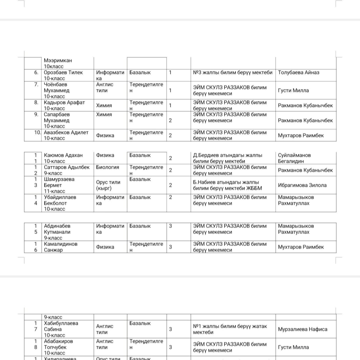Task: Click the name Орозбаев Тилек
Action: tap(63, 73)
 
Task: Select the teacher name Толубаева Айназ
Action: tap(298, 73)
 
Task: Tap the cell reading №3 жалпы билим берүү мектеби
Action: tap(233, 73)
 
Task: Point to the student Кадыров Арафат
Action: tap(64, 103)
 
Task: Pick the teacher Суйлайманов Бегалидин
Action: tap(294, 158)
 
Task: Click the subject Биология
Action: tap(108, 167)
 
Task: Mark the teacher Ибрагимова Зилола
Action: tap(302, 185)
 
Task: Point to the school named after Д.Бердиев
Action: tap(227, 158)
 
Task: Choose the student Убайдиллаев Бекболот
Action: tap(60, 200)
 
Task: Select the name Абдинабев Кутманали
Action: tap(57, 229)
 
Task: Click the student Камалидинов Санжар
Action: tap(60, 247)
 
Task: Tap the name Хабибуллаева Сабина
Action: tap(61, 326)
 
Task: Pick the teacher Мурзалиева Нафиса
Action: tap(302, 329)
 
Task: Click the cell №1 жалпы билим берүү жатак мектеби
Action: tap(230, 329)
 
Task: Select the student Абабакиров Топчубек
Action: tap(58, 344)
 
